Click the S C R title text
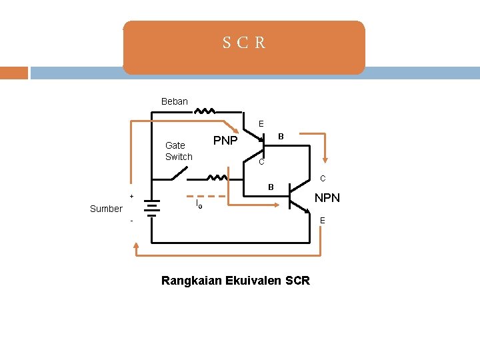(244, 43)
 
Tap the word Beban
(175, 101)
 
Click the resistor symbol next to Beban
(205, 111)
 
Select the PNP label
(225, 141)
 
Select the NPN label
(327, 198)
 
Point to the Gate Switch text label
(179, 151)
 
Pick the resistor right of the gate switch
(217, 178)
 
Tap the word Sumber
(106, 209)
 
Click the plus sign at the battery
(132, 196)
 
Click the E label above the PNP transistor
(261, 123)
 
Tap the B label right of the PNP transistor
(281, 136)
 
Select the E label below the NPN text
(323, 221)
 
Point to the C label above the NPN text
(323, 179)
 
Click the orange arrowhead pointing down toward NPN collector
(325, 160)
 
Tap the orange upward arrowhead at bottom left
(137, 246)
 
